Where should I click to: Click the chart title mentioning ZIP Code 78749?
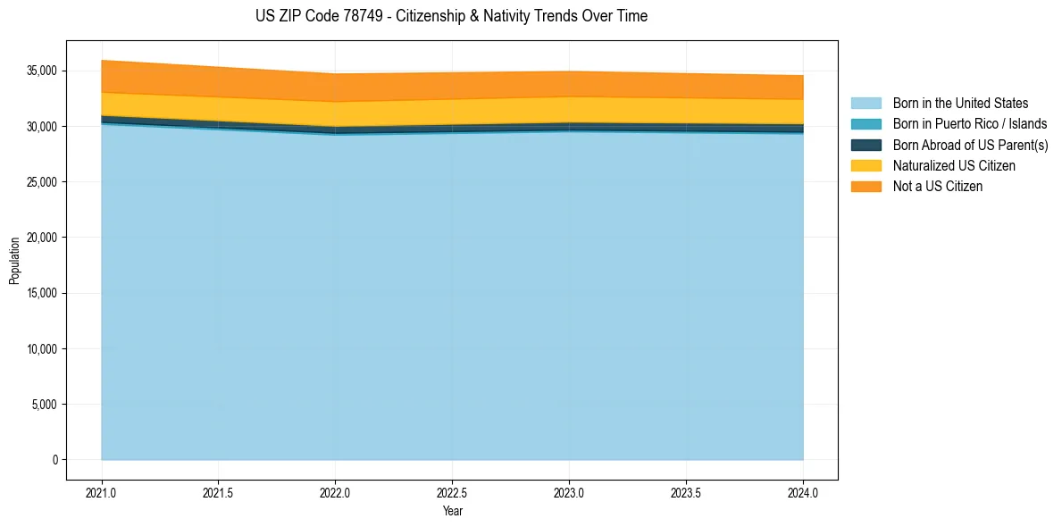pos(451,16)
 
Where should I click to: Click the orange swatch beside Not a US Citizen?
pos(865,187)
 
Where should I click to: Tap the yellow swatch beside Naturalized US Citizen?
pos(865,166)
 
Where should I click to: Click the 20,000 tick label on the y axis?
pos(42,238)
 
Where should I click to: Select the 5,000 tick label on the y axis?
pos(45,405)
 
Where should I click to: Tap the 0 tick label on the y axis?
pos(54,460)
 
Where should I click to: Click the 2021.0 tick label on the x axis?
pos(102,492)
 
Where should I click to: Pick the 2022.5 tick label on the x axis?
pos(452,492)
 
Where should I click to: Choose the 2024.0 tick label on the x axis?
pos(803,492)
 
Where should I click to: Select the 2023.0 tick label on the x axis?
pos(569,492)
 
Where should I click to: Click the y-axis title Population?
pos(14,261)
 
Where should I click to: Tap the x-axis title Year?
pos(452,511)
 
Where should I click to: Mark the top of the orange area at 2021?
pos(102,60)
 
